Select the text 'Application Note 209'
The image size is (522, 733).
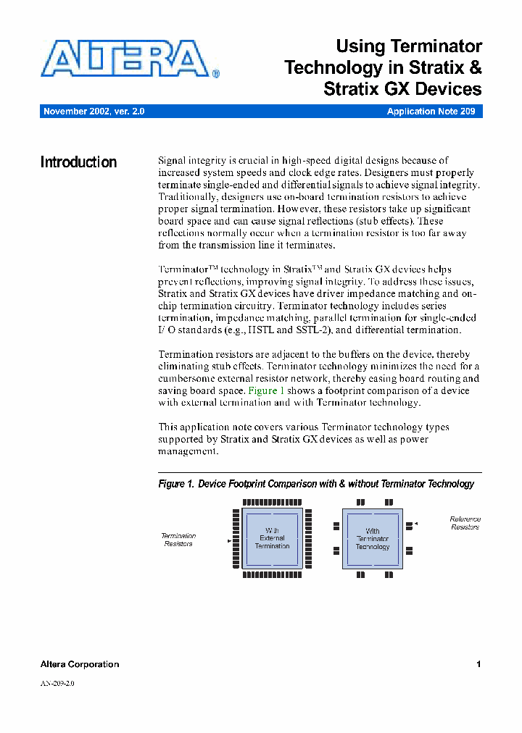pyautogui.click(x=431, y=112)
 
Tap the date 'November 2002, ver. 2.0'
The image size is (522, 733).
pyautogui.click(x=94, y=112)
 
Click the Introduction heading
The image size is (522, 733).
pyautogui.click(x=78, y=162)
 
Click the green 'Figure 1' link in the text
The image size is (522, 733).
pyautogui.click(x=266, y=390)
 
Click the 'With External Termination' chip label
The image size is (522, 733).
pyautogui.click(x=272, y=538)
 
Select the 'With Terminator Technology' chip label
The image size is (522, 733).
pyautogui.click(x=373, y=539)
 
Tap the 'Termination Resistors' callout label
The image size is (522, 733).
pyautogui.click(x=178, y=540)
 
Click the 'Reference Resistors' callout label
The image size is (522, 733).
pyautogui.click(x=465, y=523)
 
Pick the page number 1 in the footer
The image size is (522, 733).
pyautogui.click(x=478, y=664)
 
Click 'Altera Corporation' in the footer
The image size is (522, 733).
pyautogui.click(x=80, y=664)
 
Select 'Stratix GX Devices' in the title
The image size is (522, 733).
pyautogui.click(x=402, y=89)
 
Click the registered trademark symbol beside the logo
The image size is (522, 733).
pyautogui.click(x=216, y=73)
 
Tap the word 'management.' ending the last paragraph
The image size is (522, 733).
pyautogui.click(x=188, y=451)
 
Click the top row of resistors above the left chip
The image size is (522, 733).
pyautogui.click(x=272, y=503)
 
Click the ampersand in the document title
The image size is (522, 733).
pyautogui.click(x=475, y=68)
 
